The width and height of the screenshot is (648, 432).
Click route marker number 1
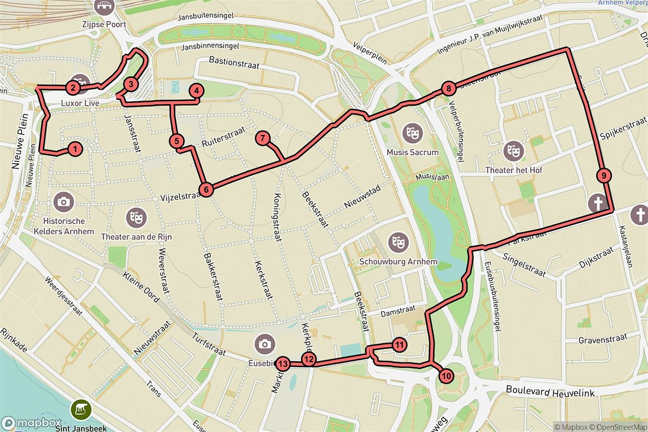point(75,149)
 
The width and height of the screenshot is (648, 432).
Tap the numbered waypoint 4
point(197,91)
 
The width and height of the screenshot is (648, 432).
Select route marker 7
point(262,138)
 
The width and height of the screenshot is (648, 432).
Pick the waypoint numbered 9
point(604,175)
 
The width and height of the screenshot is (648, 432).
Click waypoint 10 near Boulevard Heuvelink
point(446,375)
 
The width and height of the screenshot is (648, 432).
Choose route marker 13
point(283,363)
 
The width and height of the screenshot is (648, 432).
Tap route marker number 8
point(447,89)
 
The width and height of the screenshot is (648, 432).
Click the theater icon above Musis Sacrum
point(413,132)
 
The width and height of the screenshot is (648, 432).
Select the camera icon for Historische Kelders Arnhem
point(64,202)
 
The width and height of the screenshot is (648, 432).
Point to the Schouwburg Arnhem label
point(398,263)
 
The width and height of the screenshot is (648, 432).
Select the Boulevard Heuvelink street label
point(550,389)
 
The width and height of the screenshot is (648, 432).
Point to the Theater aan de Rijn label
point(136,237)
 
